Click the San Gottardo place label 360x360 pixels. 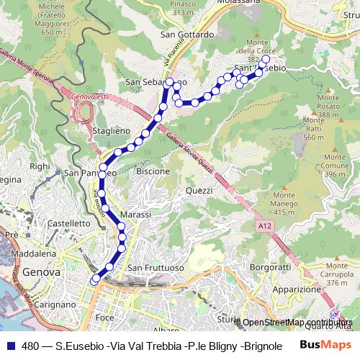tap(188, 34)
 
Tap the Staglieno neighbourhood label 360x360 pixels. tap(112, 130)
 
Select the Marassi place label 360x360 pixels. tap(137, 215)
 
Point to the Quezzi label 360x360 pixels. tap(199, 190)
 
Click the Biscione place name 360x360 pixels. tap(153, 171)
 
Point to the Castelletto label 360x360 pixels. tap(68, 225)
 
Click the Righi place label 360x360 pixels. tap(39, 166)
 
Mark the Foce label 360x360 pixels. tap(104, 317)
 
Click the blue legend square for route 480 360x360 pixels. tap(9, 345)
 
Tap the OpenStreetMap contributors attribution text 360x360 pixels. tap(298, 323)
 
